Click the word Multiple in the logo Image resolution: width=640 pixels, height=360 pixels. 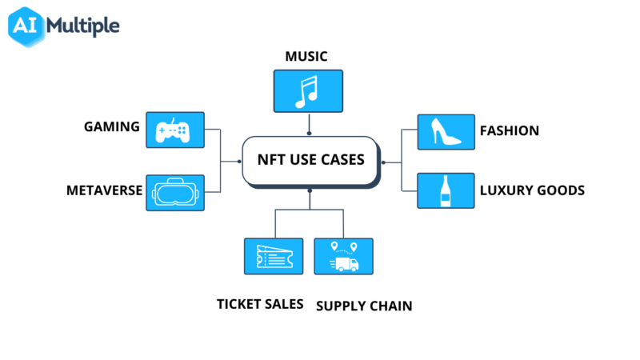(83, 26)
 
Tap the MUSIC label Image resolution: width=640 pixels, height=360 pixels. (307, 56)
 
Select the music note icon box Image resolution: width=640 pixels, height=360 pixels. (308, 91)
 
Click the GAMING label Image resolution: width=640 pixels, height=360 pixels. (112, 126)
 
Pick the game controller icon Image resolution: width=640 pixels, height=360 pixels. (175, 130)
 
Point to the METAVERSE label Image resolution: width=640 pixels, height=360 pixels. (105, 190)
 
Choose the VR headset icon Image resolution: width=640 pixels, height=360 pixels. (175, 193)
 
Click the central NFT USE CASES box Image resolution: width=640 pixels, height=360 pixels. (310, 161)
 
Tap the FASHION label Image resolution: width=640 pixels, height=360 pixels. (509, 130)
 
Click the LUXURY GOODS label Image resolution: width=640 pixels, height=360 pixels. (532, 190)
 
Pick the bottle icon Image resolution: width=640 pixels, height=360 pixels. (446, 191)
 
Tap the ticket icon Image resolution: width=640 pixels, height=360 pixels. (274, 257)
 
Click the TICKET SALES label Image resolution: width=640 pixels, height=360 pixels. (260, 304)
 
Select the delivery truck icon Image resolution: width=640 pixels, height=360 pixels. (344, 257)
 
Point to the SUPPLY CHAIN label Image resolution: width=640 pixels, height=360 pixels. (364, 306)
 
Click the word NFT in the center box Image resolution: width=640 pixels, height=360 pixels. (271, 160)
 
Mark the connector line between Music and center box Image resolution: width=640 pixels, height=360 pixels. (308, 124)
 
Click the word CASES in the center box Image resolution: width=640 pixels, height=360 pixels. (340, 160)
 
